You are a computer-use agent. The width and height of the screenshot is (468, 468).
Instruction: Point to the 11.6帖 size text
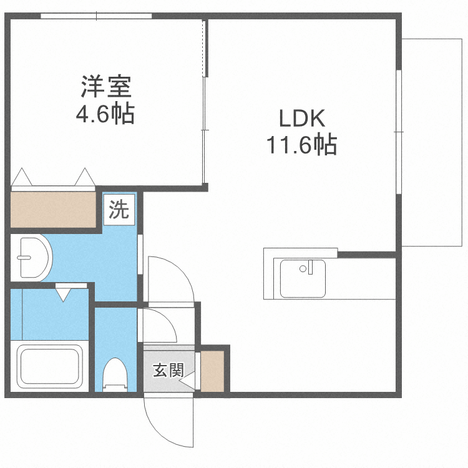(x=302, y=145)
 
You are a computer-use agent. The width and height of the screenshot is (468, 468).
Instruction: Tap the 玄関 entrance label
(x=167, y=370)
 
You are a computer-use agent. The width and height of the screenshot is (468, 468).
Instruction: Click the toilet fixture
(x=115, y=374)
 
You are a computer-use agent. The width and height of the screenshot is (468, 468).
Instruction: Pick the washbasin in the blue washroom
(x=34, y=256)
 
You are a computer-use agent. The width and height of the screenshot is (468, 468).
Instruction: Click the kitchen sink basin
(x=303, y=278)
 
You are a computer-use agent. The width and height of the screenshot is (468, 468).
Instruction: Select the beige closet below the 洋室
(x=52, y=210)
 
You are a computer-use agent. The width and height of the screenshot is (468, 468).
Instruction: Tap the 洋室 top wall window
(x=97, y=16)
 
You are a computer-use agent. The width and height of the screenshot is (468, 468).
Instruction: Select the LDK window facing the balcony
(x=398, y=132)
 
